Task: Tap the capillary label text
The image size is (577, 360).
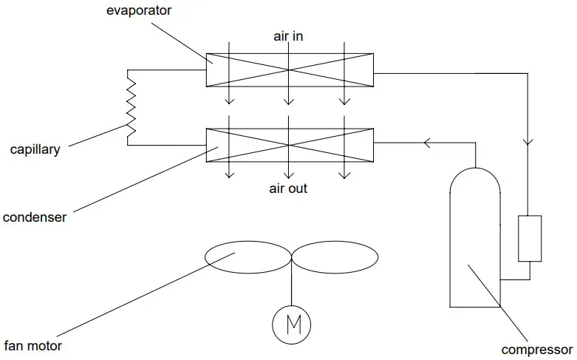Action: click(x=35, y=149)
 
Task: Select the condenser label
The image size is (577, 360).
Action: click(x=35, y=217)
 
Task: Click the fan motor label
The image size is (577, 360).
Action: click(x=33, y=345)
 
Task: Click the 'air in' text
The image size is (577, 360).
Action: click(x=287, y=35)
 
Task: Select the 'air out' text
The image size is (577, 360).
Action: click(x=287, y=189)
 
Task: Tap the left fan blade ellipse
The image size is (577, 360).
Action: click(x=247, y=256)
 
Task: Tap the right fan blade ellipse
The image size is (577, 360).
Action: click(x=335, y=256)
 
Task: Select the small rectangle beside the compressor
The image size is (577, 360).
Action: click(x=530, y=238)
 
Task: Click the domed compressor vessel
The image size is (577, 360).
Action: click(x=475, y=237)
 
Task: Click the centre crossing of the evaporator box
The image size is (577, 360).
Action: click(x=289, y=70)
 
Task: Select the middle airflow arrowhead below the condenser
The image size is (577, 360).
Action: click(x=287, y=174)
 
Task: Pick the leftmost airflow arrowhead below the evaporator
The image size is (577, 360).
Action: click(x=230, y=101)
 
